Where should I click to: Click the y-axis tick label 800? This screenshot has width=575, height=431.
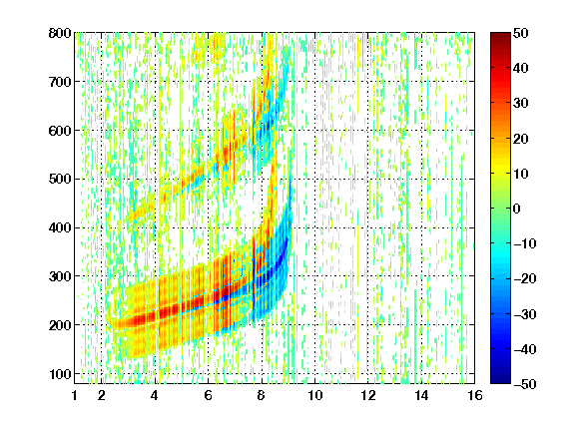point(60,33)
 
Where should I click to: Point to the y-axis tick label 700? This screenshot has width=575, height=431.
point(60,82)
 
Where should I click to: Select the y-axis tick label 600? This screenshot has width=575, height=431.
point(60,131)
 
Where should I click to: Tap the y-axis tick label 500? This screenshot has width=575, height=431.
point(60,180)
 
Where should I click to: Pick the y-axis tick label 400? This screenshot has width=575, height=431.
point(60,227)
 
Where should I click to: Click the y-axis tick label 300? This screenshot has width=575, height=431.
point(60,276)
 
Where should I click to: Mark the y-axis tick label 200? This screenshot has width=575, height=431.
point(60,325)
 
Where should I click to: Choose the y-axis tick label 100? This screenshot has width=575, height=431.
point(60,374)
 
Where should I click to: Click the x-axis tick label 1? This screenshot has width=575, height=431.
point(75,395)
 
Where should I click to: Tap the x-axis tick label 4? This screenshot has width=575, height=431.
point(155,395)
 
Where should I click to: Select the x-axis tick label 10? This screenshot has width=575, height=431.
point(315,395)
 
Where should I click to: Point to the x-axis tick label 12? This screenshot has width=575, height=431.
point(368,395)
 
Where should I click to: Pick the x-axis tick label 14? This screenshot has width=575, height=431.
point(421,395)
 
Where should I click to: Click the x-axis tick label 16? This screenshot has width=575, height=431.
point(475,395)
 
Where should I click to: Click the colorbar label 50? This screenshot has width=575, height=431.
point(520,33)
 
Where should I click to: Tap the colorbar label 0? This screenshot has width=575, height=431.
point(517,209)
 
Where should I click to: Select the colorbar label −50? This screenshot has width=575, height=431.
point(524,384)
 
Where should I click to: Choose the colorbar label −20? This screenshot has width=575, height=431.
point(524,278)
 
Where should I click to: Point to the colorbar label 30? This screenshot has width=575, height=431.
point(520,104)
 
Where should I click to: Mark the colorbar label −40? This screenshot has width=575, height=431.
point(524,349)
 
